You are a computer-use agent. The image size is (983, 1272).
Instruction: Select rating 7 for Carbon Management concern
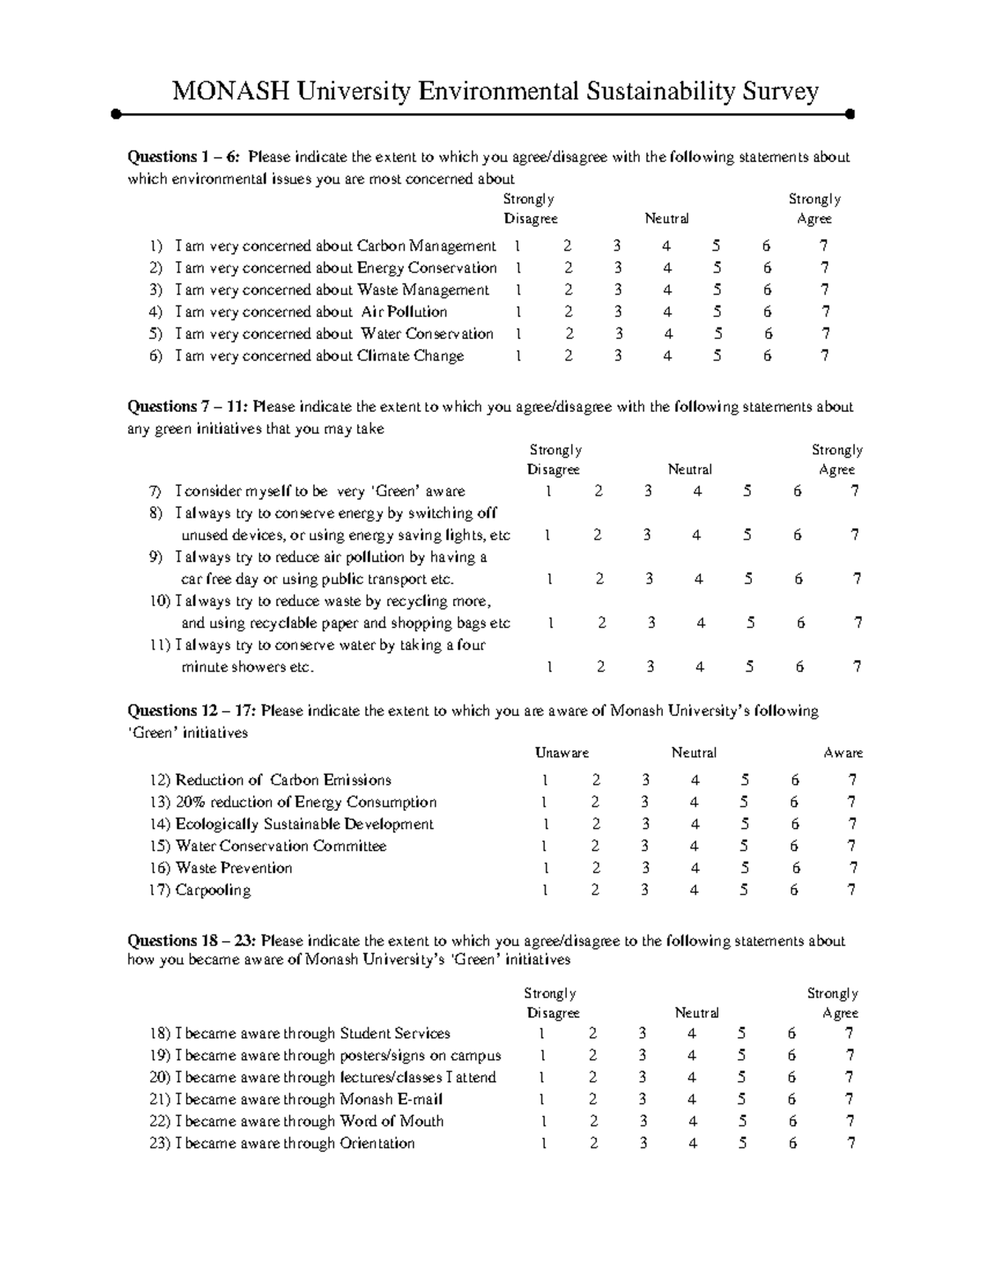823,246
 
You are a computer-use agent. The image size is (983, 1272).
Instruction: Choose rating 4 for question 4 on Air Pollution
668,312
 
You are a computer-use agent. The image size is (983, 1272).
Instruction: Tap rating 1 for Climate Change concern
517,356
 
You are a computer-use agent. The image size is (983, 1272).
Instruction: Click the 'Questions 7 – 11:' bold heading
188,407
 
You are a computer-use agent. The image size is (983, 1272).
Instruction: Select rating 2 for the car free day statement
600,579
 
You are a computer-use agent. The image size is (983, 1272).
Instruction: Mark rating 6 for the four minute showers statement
799,667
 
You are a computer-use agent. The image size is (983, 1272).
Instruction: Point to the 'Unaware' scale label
561,753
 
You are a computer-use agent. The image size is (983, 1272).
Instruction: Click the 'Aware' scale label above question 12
843,753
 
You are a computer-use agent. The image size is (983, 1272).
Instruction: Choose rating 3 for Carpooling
645,890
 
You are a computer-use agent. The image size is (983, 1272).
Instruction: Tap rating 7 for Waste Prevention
853,868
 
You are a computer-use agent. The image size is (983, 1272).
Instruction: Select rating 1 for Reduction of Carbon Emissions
545,781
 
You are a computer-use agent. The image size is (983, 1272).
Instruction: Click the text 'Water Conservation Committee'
281,846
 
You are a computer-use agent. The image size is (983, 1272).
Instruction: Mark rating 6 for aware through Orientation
792,1143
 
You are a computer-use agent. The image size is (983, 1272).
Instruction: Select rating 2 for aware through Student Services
593,1034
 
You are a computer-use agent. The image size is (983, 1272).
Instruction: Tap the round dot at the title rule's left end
116,114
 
